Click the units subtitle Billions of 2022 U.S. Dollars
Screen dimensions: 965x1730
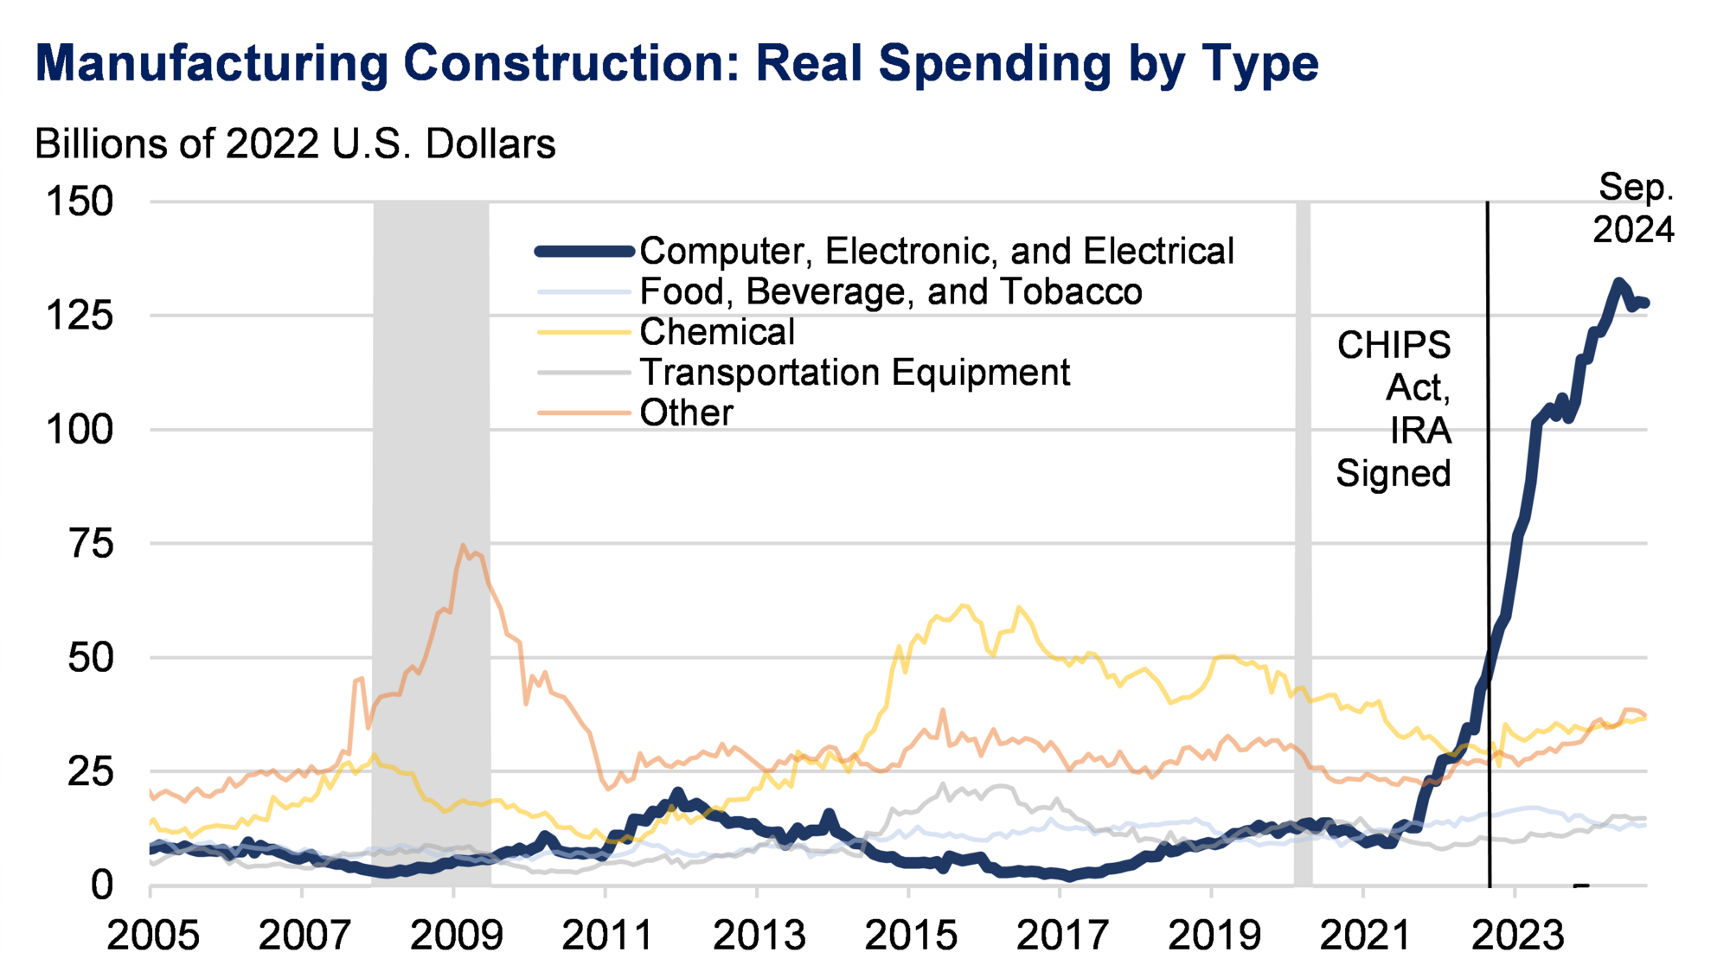pyautogui.click(x=294, y=144)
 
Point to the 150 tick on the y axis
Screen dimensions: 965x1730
pyautogui.click(x=80, y=202)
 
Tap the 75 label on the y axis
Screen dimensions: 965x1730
pyautogui.click(x=91, y=544)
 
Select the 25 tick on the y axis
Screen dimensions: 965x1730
pyautogui.click(x=91, y=771)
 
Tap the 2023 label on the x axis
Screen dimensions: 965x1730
pyautogui.click(x=1516, y=936)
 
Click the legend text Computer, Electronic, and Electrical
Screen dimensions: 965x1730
pyautogui.click(x=936, y=252)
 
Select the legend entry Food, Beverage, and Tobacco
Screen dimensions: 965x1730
pyautogui.click(x=890, y=292)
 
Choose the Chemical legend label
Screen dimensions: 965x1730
pyautogui.click(x=716, y=332)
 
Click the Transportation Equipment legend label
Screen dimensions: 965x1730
pyautogui.click(x=854, y=373)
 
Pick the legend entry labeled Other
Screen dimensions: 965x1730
pyautogui.click(x=686, y=413)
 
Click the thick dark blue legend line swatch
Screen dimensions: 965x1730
pyautogui.click(x=585, y=252)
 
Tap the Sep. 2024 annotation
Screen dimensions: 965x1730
pyautogui.click(x=1633, y=208)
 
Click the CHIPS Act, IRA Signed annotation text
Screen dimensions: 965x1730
pyautogui.click(x=1394, y=409)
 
